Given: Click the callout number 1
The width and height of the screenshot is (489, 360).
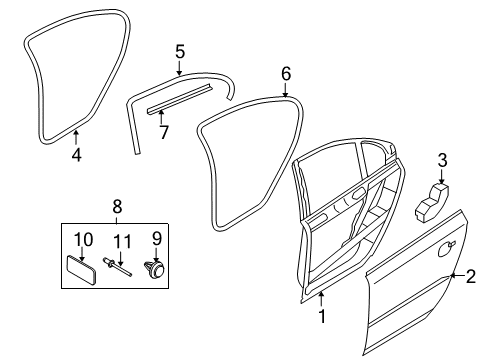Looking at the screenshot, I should coord(321,316).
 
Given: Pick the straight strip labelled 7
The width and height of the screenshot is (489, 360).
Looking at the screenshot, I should coord(179,99).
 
